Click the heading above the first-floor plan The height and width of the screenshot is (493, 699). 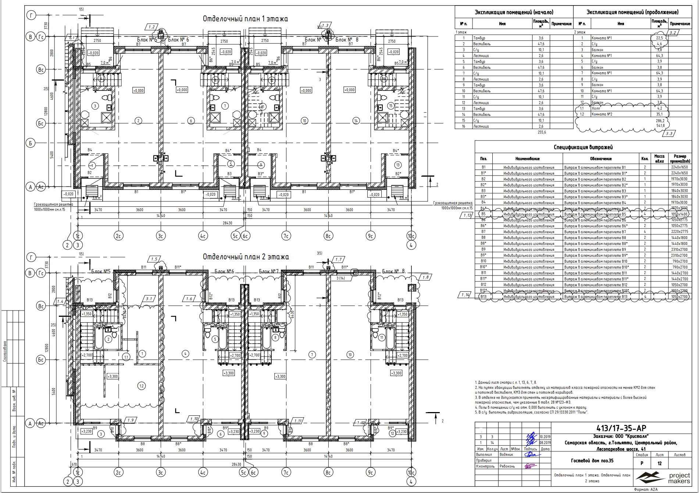(x=245, y=19)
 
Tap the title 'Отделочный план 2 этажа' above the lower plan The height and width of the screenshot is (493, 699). (x=246, y=257)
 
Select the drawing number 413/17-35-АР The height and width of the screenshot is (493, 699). (x=621, y=428)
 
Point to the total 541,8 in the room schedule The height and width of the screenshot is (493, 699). (x=660, y=126)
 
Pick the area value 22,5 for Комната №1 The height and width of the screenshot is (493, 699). (x=659, y=38)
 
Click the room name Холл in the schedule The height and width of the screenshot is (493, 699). (x=596, y=109)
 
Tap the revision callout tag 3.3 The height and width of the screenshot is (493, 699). (x=669, y=134)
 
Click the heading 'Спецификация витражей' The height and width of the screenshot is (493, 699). (x=583, y=147)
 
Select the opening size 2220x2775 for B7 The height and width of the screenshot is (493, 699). (x=679, y=232)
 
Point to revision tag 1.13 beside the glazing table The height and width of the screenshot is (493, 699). (x=467, y=215)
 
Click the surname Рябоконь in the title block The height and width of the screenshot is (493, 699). (x=507, y=466)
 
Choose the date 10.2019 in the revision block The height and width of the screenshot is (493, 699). (x=545, y=437)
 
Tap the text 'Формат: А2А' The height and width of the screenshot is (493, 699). (x=646, y=490)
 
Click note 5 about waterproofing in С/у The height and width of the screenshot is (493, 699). (x=531, y=412)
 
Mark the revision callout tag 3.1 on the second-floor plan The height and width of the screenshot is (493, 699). (x=149, y=299)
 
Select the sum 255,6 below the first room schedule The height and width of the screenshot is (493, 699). (x=542, y=132)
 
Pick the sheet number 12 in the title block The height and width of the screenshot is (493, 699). (x=660, y=464)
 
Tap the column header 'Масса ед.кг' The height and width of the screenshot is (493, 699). (x=659, y=159)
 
